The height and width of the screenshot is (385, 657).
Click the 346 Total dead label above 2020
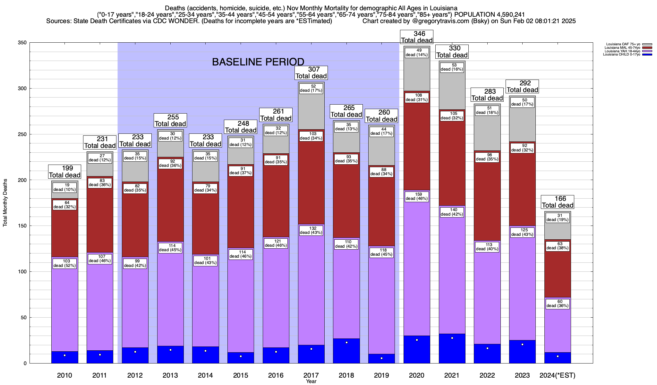coord(417,37)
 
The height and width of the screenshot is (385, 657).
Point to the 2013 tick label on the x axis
coord(170,375)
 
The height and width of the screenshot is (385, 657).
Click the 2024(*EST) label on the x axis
coord(558,375)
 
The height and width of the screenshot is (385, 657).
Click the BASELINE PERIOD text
coord(258,62)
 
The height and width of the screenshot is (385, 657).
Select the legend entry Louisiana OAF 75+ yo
coord(623,44)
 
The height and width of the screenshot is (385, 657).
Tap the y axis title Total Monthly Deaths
coord(5,203)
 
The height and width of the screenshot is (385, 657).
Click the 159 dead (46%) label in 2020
coord(417,196)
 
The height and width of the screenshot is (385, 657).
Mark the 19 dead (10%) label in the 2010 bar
coord(65,187)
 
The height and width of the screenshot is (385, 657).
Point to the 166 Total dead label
coord(558,202)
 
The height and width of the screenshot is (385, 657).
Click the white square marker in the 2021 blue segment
coord(452,338)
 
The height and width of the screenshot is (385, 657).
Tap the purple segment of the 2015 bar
coord(241,305)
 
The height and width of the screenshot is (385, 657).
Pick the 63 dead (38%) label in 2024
coord(558,246)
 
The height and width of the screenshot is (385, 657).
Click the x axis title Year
coord(311,381)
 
